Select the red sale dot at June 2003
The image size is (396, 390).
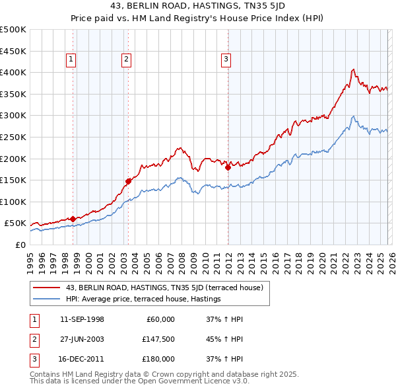pos(128,180)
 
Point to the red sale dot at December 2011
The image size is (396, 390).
pos(228,167)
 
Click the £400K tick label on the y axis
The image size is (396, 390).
pos(13,72)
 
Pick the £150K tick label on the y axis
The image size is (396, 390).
pos(13,180)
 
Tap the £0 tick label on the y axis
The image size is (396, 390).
pos(20,245)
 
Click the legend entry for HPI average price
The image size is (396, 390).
pos(143,299)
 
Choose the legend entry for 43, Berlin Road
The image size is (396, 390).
pos(164,288)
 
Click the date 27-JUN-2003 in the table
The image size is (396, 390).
pos(82,339)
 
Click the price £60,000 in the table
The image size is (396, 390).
pos(159,319)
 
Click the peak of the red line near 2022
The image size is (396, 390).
pos(354,69)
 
